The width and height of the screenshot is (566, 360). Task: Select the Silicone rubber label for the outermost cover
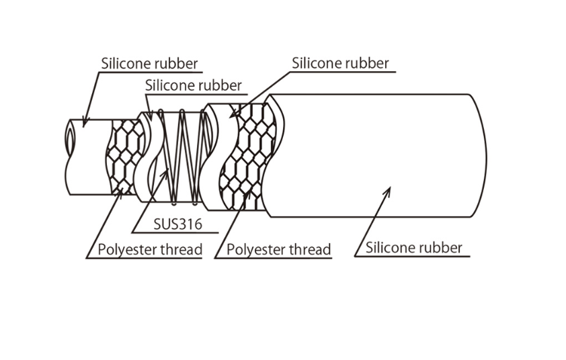click(x=413, y=247)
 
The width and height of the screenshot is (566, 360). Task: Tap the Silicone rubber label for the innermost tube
click(x=149, y=64)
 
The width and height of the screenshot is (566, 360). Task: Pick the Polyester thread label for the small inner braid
click(x=150, y=250)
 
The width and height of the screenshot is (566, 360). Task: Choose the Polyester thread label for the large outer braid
click(x=278, y=250)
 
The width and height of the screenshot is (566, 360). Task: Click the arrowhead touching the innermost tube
click(x=84, y=122)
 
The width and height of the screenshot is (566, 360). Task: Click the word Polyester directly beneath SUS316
click(x=125, y=250)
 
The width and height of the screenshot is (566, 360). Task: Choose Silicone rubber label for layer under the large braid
click(x=340, y=64)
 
